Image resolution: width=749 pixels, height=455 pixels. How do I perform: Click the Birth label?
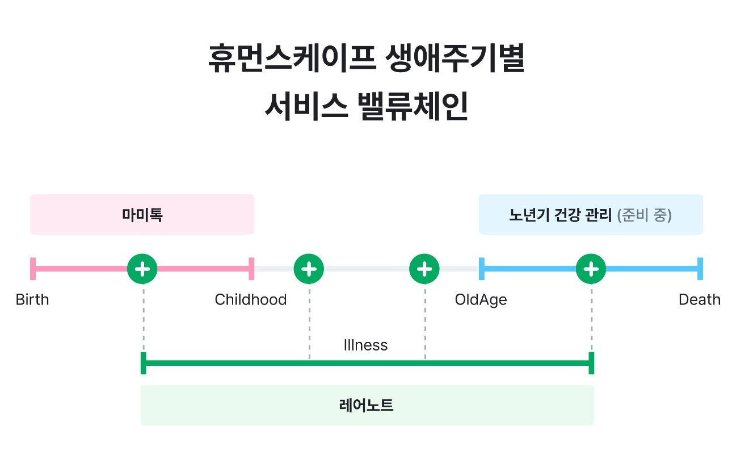click(x=32, y=299)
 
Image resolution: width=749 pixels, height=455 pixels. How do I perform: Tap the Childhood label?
click(x=250, y=299)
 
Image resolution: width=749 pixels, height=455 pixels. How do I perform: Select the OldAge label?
click(x=481, y=299)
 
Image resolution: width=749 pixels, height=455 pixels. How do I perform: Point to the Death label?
click(x=699, y=299)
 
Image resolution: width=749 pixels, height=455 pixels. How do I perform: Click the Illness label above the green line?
click(x=365, y=345)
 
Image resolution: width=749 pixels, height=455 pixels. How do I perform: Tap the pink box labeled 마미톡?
click(x=142, y=215)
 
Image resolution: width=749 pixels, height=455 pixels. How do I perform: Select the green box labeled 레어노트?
click(x=367, y=406)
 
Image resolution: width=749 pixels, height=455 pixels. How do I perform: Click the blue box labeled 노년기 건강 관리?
click(x=590, y=215)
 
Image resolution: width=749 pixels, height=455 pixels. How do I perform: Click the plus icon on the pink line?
click(x=142, y=268)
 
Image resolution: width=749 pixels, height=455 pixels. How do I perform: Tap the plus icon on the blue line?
click(x=591, y=268)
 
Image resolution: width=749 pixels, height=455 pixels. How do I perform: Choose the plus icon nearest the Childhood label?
click(x=309, y=268)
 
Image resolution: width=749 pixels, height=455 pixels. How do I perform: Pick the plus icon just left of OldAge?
click(x=424, y=268)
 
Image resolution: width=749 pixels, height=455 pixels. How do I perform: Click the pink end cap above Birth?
click(x=33, y=268)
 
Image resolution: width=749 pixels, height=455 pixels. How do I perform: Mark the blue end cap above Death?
click(x=700, y=268)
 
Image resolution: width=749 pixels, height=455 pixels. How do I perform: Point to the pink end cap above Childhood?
click(x=251, y=268)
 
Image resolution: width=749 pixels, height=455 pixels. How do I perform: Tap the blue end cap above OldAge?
click(x=482, y=268)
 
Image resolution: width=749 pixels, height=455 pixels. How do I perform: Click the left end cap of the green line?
click(x=143, y=363)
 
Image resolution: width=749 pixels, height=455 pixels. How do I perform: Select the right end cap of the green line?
click(x=591, y=363)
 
